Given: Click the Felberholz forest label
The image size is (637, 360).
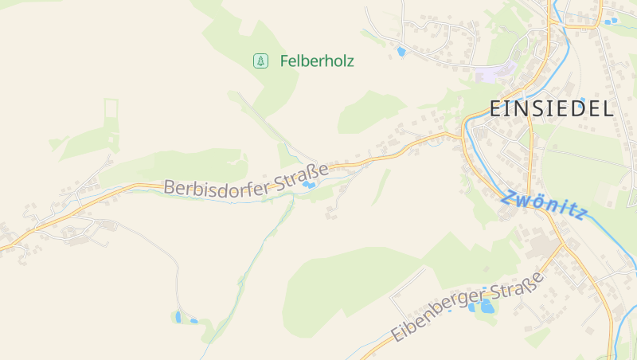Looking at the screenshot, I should [316, 61].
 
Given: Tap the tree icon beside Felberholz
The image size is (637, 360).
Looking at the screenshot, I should [260, 61].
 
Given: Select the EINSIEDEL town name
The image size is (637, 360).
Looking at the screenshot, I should [551, 109].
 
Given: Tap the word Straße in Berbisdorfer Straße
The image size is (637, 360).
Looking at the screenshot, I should [301, 174].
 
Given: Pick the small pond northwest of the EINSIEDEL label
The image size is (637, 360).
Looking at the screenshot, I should [401, 52].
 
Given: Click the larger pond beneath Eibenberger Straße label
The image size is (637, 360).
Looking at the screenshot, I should [486, 306].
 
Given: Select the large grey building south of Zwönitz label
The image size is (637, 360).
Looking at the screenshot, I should [541, 246].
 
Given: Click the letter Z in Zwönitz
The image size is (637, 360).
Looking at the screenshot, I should [507, 197].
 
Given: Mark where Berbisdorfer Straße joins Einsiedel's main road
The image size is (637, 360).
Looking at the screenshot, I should [463, 134].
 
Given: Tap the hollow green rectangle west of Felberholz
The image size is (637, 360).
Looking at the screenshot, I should [111, 108].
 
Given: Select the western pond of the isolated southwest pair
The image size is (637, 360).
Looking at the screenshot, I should [178, 317].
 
